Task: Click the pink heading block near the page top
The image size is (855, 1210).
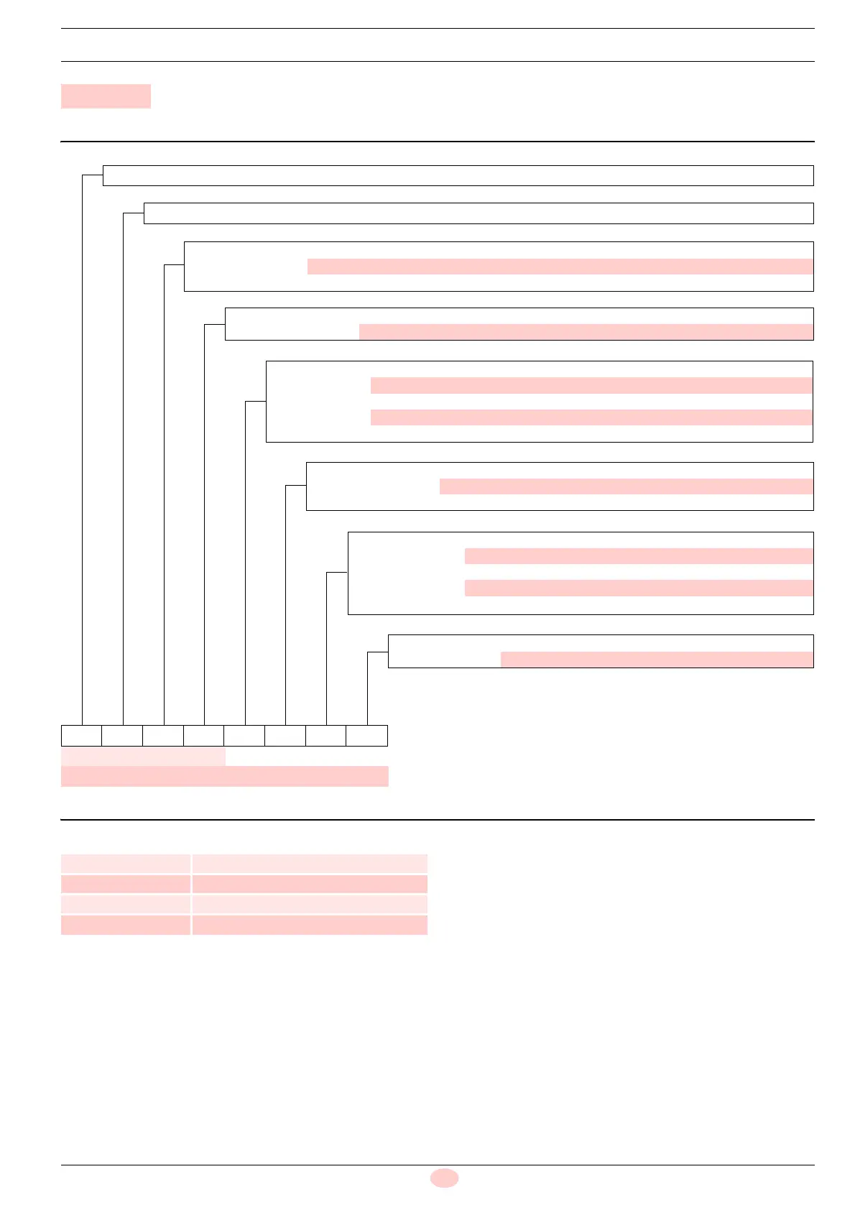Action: (106, 96)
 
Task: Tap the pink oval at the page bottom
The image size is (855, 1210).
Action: (444, 1178)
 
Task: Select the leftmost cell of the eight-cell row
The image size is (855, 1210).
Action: (81, 736)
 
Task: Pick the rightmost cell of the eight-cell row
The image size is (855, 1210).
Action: (367, 736)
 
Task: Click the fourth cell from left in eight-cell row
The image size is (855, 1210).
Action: (203, 736)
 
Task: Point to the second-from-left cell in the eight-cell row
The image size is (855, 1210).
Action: (122, 736)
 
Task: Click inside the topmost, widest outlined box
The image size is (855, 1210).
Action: (458, 176)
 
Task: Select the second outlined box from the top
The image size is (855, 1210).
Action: (479, 213)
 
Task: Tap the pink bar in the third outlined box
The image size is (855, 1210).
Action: (560, 267)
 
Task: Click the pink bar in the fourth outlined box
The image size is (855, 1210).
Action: (586, 332)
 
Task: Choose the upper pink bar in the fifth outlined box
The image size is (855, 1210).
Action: (591, 385)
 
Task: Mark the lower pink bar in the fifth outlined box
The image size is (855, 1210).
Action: (591, 417)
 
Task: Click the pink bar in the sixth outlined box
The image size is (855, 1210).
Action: (626, 486)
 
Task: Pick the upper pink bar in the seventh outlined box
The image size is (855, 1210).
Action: (639, 556)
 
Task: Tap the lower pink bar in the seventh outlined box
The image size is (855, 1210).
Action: (639, 588)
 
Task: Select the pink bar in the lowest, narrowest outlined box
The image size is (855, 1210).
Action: (657, 660)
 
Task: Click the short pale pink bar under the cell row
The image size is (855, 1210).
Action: (143, 757)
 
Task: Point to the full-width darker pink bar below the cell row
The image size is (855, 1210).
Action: (224, 776)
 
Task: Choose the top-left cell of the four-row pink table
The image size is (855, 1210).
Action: (126, 864)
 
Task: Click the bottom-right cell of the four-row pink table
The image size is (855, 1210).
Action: (310, 925)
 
